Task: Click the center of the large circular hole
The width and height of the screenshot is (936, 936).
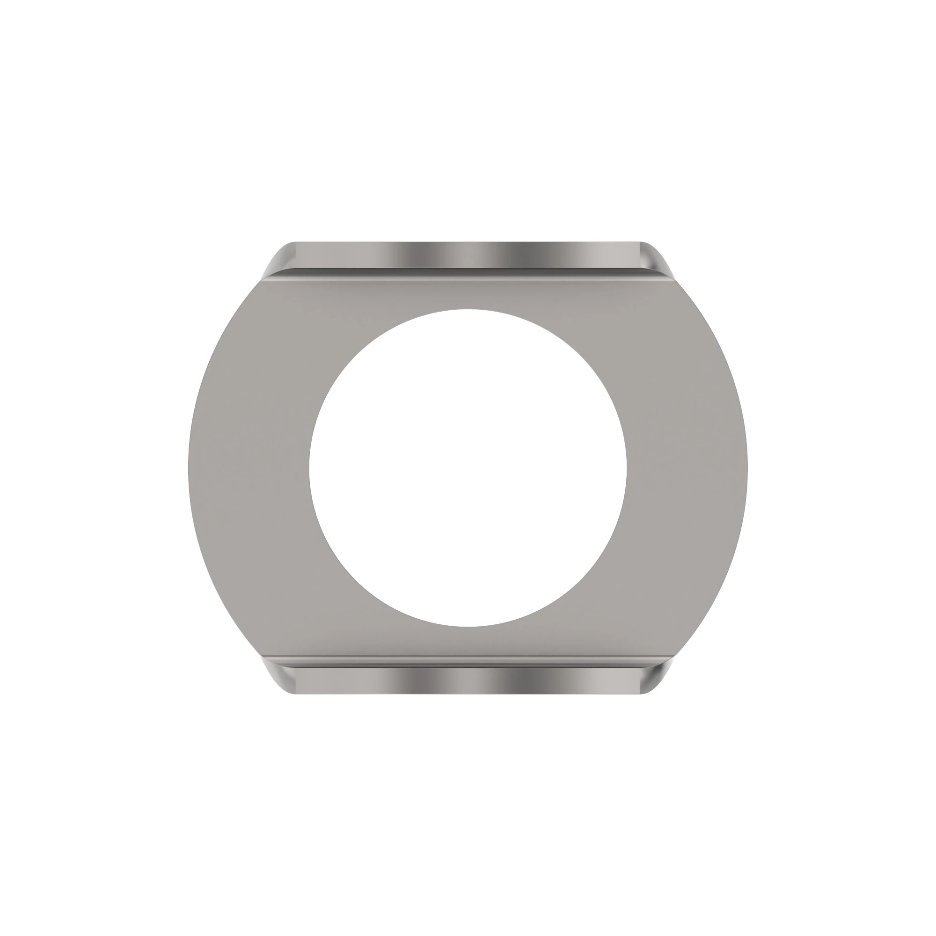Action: [468, 468]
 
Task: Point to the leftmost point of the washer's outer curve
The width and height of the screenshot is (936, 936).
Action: [189, 468]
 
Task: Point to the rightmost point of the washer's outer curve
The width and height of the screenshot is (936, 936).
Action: [747, 468]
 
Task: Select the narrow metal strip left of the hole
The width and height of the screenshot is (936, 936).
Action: [249, 468]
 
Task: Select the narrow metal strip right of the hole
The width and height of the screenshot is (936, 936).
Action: [687, 468]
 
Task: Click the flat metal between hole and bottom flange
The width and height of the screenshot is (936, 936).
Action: [468, 642]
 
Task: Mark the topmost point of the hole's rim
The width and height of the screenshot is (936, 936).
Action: [468, 309]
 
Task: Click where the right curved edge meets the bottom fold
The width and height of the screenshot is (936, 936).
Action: [674, 657]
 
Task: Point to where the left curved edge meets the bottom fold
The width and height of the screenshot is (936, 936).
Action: [262, 657]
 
